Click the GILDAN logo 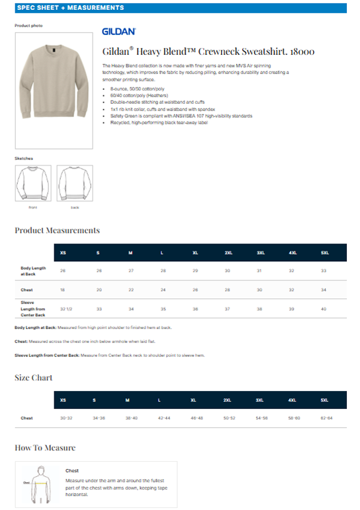pos(119,31)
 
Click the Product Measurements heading pos(58,230)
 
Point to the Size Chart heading pos(34,378)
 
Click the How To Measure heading pos(45,448)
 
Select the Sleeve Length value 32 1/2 pos(66,309)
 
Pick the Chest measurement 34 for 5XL pos(324,290)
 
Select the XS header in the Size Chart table pos(63,400)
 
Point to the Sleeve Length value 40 pos(324,309)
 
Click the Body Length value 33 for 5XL pos(324,271)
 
